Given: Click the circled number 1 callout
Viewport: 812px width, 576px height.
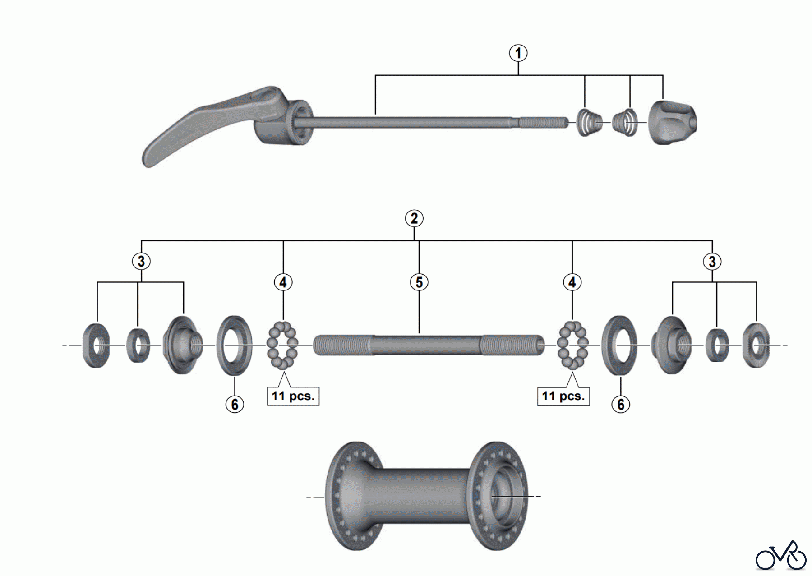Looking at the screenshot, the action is pyautogui.click(x=518, y=53).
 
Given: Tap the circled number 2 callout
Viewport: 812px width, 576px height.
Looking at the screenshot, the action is pyautogui.click(x=414, y=219).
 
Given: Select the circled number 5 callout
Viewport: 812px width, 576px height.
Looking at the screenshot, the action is pyautogui.click(x=419, y=282).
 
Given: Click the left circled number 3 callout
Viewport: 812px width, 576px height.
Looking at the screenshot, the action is pyautogui.click(x=141, y=261).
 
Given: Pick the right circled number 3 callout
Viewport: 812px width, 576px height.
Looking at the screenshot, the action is pyautogui.click(x=712, y=262).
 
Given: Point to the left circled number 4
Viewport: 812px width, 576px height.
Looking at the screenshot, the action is pyautogui.click(x=283, y=282).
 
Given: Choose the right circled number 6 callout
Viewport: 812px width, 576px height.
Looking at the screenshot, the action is pyautogui.click(x=621, y=404).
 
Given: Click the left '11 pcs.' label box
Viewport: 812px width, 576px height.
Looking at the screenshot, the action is pyautogui.click(x=293, y=396).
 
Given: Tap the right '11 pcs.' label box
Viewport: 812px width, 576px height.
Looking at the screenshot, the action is pyautogui.click(x=563, y=396).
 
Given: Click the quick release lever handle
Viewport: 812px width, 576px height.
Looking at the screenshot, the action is pyautogui.click(x=212, y=124).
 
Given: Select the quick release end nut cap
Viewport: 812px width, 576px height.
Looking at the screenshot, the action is pyautogui.click(x=673, y=123).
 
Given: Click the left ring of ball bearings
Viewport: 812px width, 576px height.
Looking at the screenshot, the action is pyautogui.click(x=282, y=346).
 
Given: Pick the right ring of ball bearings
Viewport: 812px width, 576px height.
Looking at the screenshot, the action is pyautogui.click(x=573, y=346).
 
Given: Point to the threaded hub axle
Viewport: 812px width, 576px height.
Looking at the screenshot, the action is pyautogui.click(x=429, y=346).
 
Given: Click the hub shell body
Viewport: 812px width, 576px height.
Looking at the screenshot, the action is pyautogui.click(x=427, y=496).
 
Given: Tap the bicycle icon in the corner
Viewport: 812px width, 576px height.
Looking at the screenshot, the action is pyautogui.click(x=781, y=556).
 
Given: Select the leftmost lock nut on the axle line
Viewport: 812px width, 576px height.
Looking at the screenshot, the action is pyautogui.click(x=97, y=346).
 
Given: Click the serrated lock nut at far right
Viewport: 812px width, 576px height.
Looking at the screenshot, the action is pyautogui.click(x=757, y=346).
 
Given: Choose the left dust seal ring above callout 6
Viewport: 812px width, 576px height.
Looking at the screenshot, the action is pyautogui.click(x=234, y=346).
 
